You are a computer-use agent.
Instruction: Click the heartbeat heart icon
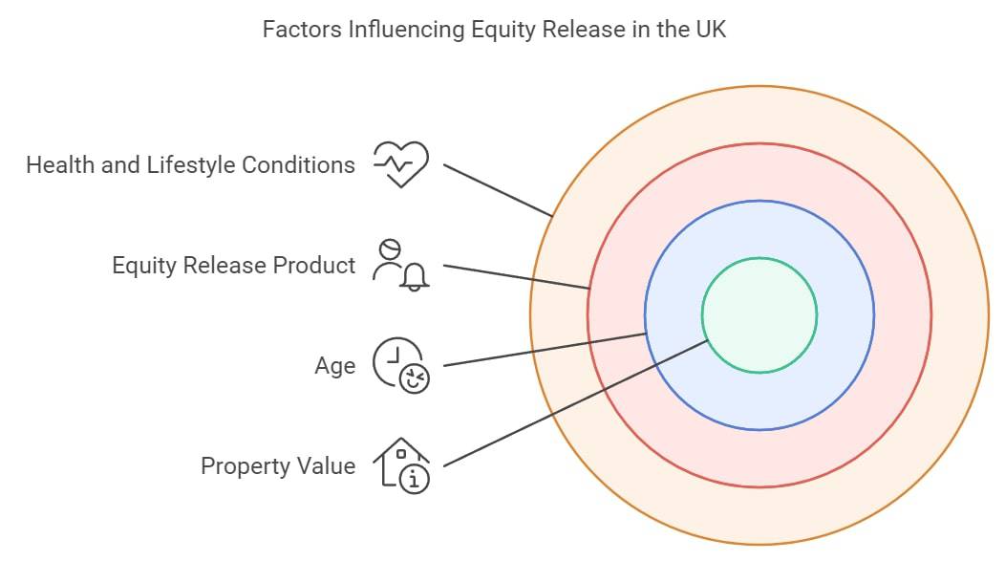tap(401, 164)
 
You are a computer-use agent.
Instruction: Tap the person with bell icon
tap(401, 265)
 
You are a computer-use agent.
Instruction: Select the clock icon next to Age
tap(401, 365)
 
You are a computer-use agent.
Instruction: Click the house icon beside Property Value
tap(401, 465)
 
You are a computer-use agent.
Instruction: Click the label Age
tap(334, 366)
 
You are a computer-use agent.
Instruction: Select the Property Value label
tap(278, 466)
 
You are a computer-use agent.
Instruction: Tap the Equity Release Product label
tap(233, 266)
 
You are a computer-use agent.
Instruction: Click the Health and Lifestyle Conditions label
tap(190, 164)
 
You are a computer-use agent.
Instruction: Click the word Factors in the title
tap(301, 30)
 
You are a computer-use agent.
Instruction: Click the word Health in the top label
tap(60, 164)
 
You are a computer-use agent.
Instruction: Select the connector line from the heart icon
tap(498, 190)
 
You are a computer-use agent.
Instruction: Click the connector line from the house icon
tap(575, 403)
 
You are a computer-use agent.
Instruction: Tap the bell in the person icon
tap(414, 277)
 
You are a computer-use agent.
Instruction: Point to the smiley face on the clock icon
tap(414, 378)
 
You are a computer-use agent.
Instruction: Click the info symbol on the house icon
tap(414, 478)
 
